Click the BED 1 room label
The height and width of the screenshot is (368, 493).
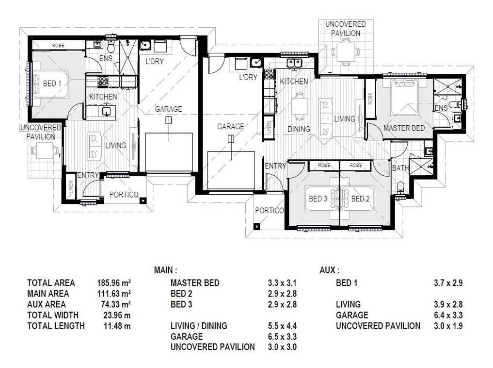click(52, 84)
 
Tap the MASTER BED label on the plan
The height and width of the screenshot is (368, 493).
click(404, 128)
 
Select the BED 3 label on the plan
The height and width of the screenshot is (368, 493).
click(318, 199)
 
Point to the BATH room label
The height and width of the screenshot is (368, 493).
click(400, 168)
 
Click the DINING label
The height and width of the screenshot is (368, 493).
click(299, 129)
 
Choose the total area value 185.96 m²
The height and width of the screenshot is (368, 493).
click(114, 283)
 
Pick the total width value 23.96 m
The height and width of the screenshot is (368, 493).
click(117, 315)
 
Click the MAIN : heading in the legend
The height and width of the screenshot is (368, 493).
click(165, 270)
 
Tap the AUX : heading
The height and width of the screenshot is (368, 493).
click(330, 270)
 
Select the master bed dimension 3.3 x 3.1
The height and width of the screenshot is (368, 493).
click(282, 283)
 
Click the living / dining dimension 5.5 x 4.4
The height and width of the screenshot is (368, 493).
click(282, 326)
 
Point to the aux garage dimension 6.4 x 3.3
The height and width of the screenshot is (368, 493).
click(448, 315)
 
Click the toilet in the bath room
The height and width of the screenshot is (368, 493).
click(400, 187)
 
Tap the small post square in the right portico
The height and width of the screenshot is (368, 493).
click(256, 226)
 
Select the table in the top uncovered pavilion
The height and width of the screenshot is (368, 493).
click(346, 52)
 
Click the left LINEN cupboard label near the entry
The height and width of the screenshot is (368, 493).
click(71, 187)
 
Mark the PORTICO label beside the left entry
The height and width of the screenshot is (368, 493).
click(124, 195)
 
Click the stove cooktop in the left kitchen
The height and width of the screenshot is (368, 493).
click(103, 82)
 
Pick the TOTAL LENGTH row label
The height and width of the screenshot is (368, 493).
click(56, 326)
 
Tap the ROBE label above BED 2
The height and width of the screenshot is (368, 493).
click(356, 165)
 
